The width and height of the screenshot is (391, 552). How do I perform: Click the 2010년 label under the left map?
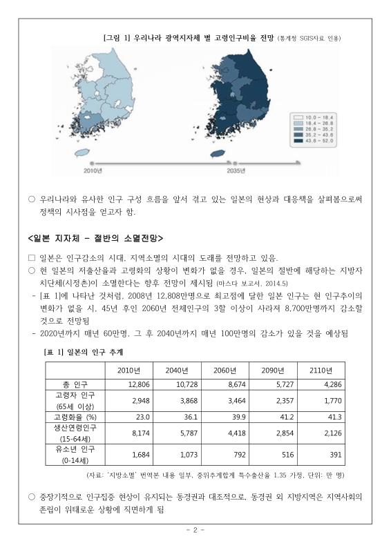(x=94, y=170)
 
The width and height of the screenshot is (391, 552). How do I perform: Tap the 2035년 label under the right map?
(x=238, y=170)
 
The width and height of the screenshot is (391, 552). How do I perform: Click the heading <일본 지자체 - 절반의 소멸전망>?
(x=95, y=239)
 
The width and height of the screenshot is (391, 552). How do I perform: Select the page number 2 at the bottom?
(x=195, y=530)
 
